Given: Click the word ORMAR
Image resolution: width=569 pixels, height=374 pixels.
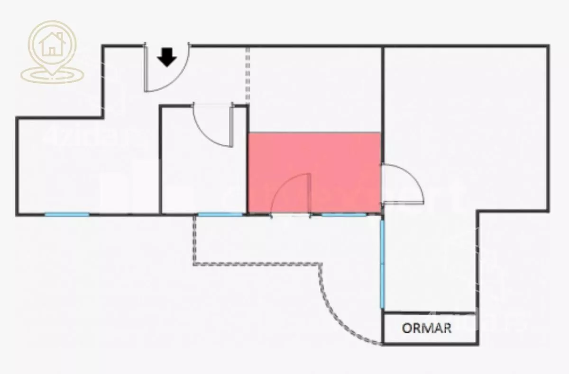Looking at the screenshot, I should pyautogui.click(x=427, y=328).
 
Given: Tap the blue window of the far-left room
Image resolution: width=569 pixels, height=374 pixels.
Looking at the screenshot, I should pyautogui.click(x=67, y=214).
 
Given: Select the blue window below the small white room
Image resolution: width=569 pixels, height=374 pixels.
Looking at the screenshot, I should pyautogui.click(x=220, y=214).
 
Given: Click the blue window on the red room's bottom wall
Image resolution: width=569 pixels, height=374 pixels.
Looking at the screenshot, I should pyautogui.click(x=344, y=214).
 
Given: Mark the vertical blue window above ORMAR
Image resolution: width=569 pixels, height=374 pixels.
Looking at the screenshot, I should pyautogui.click(x=382, y=263).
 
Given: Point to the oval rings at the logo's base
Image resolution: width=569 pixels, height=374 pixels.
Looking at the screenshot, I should pyautogui.click(x=52, y=75).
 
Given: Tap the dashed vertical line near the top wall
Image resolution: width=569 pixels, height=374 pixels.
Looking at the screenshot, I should pyautogui.click(x=248, y=73).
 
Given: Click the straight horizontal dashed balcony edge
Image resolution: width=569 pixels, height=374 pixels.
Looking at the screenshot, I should pyautogui.click(x=256, y=264).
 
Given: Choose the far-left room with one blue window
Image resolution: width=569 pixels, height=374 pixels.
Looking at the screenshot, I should pyautogui.click(x=71, y=166).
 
